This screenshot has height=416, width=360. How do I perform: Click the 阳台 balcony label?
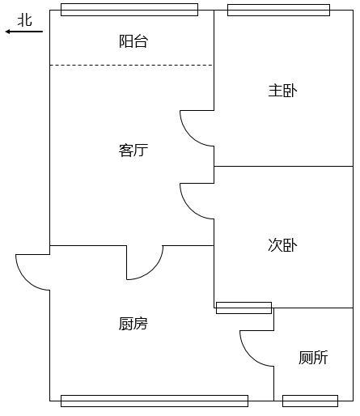tap(133, 41)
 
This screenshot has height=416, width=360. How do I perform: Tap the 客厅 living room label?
tap(133, 151)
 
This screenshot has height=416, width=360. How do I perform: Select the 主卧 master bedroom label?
tap(282, 91)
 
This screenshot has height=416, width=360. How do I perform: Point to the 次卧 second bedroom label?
tap(282, 245)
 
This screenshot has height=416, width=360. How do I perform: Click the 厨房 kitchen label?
tap(133, 324)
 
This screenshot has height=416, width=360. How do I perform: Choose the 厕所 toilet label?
tap(313, 358)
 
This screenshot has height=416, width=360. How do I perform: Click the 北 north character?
tap(25, 20)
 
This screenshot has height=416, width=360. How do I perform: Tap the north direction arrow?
tap(24, 32)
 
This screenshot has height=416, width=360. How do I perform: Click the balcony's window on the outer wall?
tap(129, 10)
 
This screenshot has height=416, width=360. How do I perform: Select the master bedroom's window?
tap(278, 10)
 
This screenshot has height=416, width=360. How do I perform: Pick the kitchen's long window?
tap(155, 401)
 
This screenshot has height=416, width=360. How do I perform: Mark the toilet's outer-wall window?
tap(310, 401)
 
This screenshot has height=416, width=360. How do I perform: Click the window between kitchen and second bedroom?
tap(244, 308)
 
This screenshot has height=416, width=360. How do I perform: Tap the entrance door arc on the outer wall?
tap(26, 280)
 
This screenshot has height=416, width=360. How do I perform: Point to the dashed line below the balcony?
tap(131, 65)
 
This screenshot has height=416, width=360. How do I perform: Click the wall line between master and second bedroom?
tap(284, 166)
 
